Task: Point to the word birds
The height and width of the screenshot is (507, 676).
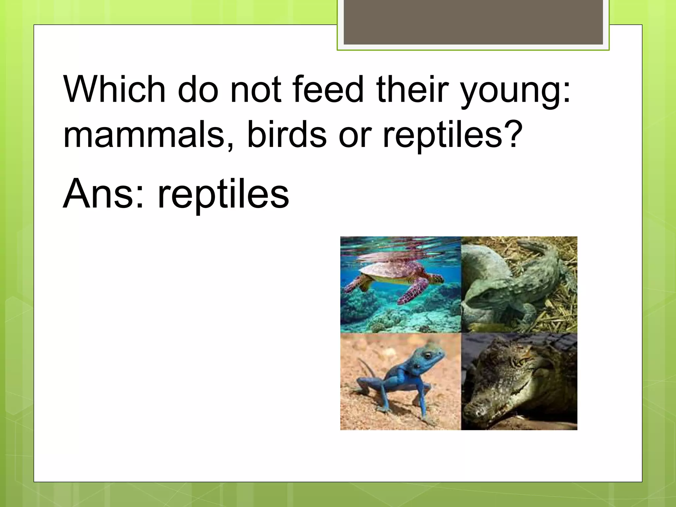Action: click(287, 134)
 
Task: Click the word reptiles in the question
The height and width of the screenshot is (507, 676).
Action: click(442, 135)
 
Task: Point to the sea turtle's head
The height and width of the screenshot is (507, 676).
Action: click(437, 279)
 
